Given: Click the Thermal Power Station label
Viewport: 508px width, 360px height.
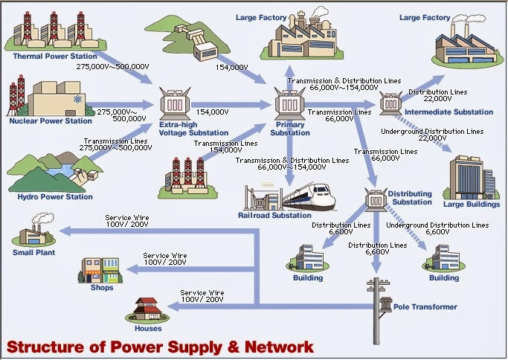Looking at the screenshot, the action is (55, 56).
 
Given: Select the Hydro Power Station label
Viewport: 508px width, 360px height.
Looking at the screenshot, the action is (55, 196).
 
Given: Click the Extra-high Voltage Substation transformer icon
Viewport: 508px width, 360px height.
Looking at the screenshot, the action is (176, 103).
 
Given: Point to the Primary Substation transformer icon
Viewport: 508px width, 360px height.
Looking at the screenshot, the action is (289, 103).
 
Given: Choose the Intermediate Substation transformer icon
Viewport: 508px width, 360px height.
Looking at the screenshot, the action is (390, 103).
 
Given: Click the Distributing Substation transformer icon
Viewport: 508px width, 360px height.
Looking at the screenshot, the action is (376, 199).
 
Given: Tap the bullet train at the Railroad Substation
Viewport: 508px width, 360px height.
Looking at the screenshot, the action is (309, 197).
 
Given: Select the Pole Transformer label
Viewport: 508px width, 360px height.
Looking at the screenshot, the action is (425, 306).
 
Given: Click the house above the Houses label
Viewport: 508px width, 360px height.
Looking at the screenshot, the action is (147, 310).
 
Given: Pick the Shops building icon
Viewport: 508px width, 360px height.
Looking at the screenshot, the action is (100, 270).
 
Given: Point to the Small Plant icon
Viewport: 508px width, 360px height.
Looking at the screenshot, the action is (34, 229).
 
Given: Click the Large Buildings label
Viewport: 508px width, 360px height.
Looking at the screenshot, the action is (472, 204).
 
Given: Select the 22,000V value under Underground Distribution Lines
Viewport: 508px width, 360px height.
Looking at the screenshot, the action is (432, 138).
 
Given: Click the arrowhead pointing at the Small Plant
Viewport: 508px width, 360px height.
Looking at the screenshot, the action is (65, 231).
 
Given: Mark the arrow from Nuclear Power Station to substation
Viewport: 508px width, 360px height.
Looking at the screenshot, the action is (120, 105).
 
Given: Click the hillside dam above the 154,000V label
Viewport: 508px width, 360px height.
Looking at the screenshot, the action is (187, 37).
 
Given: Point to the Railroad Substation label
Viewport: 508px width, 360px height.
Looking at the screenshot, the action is (274, 215).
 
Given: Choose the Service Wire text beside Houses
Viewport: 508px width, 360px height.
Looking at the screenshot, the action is (202, 292).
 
